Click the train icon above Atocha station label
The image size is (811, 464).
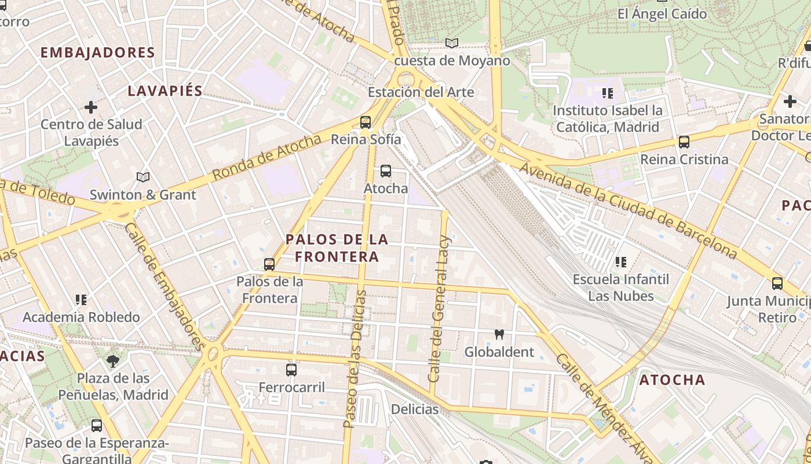coord(386,171)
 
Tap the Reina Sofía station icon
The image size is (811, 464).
coord(365,122)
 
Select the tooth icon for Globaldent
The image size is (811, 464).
coord(499,335)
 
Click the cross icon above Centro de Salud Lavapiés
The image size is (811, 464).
coord(91,107)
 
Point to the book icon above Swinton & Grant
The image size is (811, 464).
coord(143,177)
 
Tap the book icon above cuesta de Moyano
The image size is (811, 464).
coord(452,43)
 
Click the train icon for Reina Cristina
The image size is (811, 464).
coord(684,142)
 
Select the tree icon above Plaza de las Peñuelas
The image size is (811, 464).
coord(113,361)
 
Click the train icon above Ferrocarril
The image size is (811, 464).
coord(291,369)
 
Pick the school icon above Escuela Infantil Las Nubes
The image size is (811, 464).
coord(621,262)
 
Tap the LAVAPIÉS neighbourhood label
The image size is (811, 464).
coord(165,91)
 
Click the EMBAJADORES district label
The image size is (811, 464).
coord(97,53)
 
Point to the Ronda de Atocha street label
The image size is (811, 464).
coord(266,157)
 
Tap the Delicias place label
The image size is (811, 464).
coord(415,409)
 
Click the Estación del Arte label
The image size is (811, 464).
coord(421,92)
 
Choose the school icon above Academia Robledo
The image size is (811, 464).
coord(81,300)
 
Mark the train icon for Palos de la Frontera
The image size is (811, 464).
coord(269,264)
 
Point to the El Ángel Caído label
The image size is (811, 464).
coord(662,14)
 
